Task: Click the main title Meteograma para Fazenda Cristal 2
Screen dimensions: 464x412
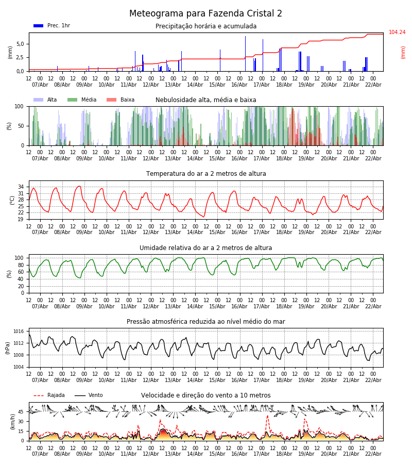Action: (206, 14)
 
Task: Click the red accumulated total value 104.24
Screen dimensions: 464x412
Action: (397, 32)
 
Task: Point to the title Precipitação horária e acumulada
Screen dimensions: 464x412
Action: (206, 26)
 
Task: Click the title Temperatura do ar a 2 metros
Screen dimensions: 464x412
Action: (206, 174)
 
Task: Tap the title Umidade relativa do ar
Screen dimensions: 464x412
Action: (206, 248)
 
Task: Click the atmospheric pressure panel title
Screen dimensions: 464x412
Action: (206, 322)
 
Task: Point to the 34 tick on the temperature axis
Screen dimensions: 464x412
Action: (21, 187)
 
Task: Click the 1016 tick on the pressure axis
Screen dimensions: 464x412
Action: (19, 332)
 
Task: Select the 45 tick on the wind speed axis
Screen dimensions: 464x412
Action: (21, 412)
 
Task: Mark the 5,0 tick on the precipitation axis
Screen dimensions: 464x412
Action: (20, 44)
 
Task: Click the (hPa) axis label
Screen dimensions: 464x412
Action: (8, 347)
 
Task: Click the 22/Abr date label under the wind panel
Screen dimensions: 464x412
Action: (373, 454)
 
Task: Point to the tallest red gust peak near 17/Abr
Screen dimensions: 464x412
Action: (267, 416)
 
